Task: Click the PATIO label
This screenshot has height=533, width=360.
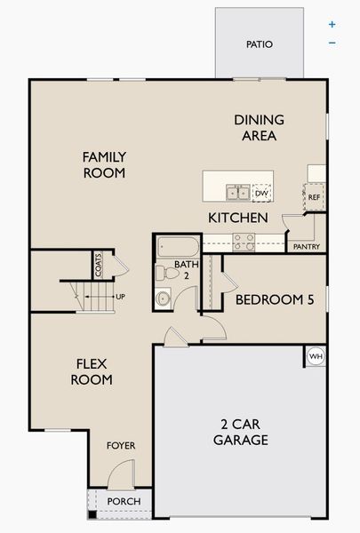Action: (260, 44)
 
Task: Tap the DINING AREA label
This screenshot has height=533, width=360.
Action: (259, 128)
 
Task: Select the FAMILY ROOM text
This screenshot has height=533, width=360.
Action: (104, 165)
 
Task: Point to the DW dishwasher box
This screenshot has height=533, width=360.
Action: (261, 192)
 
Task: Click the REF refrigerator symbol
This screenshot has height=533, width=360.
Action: (313, 197)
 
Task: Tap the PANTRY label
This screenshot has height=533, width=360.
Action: (305, 246)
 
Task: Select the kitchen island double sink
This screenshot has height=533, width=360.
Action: (237, 192)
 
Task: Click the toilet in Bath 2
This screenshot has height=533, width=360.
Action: (164, 273)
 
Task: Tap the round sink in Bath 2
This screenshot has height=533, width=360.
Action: (164, 298)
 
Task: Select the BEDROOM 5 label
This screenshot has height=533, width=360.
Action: (275, 300)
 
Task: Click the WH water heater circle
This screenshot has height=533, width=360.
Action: (316, 356)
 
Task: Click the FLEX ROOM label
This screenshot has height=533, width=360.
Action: (93, 371)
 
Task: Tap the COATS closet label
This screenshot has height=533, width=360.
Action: (100, 266)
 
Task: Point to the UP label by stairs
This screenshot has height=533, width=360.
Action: (120, 296)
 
